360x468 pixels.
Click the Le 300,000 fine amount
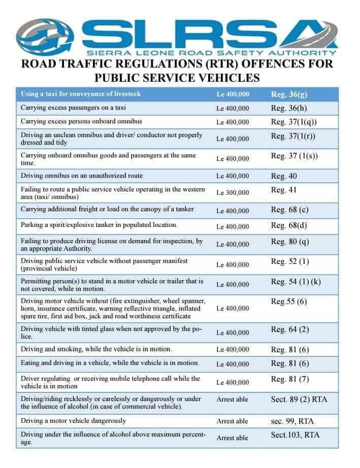233,193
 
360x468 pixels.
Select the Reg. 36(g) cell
289,94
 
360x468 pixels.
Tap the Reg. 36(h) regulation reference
289,108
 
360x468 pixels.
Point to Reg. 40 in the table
284,176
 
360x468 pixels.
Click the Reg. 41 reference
284,190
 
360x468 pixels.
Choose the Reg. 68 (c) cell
290,210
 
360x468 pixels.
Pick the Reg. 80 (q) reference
290,242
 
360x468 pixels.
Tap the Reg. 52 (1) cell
290,261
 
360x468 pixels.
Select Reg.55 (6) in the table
288,302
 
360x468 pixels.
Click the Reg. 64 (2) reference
290,330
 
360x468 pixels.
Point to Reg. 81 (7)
290,379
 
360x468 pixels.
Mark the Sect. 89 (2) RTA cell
299,399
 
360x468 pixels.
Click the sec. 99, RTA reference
296,421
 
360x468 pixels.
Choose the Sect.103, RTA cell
296,435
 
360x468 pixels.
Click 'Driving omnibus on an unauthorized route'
82,176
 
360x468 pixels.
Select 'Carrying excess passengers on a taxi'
73,108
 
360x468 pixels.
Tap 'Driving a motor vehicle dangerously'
73,421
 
